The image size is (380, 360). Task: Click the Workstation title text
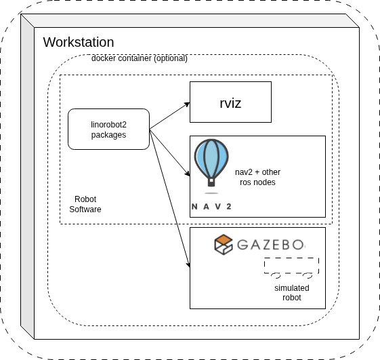[79, 42]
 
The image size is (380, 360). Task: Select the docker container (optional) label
[139, 58]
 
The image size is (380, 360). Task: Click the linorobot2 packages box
[108, 129]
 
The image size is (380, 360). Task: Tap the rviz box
[230, 103]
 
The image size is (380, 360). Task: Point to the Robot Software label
[85, 204]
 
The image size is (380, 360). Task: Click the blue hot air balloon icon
[211, 158]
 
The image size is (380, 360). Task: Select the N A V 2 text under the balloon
[211, 206]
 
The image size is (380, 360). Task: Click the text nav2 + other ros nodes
[257, 177]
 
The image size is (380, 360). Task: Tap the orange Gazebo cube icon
[223, 245]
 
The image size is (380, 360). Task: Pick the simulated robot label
[292, 293]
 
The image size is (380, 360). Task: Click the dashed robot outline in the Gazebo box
[291, 266]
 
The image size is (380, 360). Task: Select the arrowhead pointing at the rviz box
[187, 103]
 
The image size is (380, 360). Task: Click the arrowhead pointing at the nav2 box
[186, 176]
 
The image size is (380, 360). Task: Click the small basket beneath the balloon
[211, 182]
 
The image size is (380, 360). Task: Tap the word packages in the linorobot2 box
[108, 135]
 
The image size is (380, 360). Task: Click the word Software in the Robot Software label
[85, 209]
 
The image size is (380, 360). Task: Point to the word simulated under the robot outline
[292, 288]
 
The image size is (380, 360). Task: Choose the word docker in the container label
[104, 58]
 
